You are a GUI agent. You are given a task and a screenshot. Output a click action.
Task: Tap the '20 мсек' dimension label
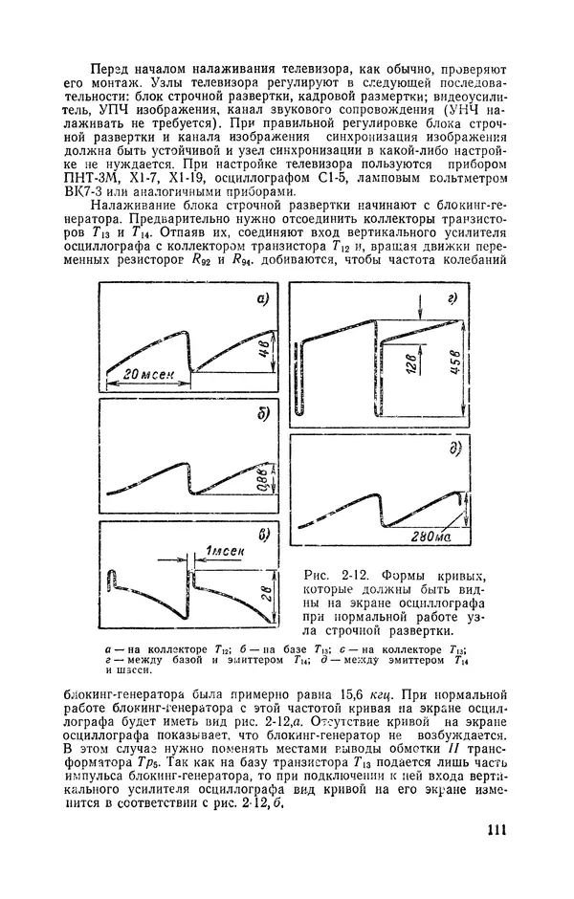(149, 375)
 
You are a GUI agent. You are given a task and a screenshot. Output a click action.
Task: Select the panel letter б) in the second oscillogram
(259, 416)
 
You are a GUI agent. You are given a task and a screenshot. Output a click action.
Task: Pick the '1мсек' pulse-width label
(224, 549)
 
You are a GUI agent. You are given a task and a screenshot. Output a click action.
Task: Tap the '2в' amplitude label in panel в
(269, 593)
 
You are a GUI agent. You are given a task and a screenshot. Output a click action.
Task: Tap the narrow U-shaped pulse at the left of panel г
(299, 383)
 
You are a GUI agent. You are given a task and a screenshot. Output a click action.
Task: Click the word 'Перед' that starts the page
(106, 70)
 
